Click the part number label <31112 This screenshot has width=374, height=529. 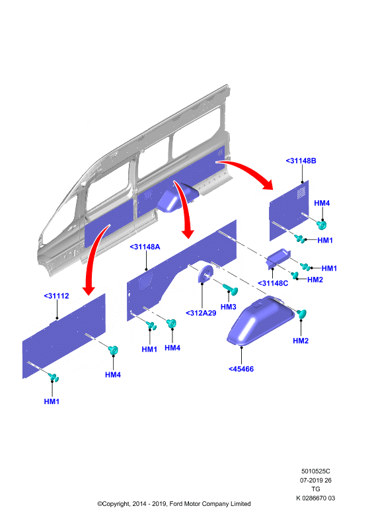tap(56, 296)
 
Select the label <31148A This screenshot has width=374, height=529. tap(145, 247)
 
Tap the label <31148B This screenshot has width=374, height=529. tap(301, 161)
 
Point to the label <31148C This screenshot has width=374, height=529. tap(273, 284)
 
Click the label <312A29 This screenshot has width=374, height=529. tap(201, 313)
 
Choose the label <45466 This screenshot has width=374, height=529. tap(241, 369)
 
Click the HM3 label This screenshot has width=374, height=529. tap(229, 307)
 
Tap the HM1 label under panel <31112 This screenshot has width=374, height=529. tap(52, 401)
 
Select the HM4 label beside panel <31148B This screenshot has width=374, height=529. tap(322, 203)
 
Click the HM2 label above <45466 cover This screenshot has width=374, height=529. tap(301, 341)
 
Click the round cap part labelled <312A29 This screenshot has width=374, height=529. tap(206, 274)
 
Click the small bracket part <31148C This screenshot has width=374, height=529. tap(278, 258)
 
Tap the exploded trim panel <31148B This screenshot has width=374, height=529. tap(289, 211)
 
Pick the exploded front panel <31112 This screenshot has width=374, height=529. tap(64, 336)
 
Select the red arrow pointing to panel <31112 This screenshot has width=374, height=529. tap(93, 257)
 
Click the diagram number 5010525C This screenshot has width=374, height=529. tap(316, 471)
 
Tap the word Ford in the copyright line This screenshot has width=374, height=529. tap(176, 504)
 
